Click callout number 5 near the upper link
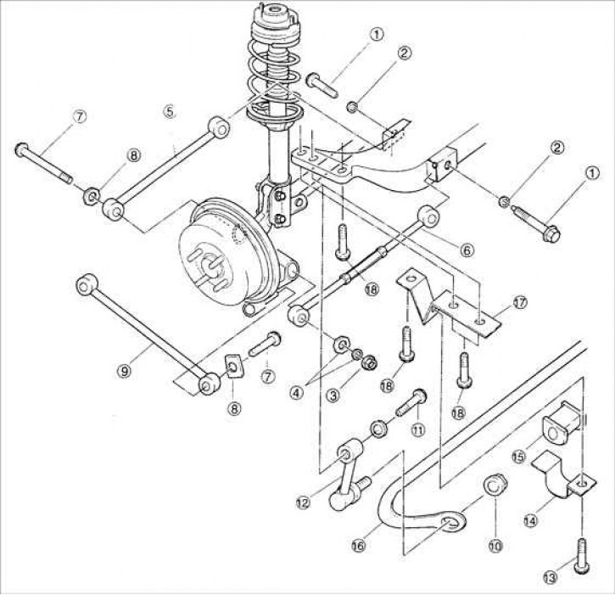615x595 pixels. click(x=169, y=110)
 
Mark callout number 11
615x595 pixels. click(x=417, y=430)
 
